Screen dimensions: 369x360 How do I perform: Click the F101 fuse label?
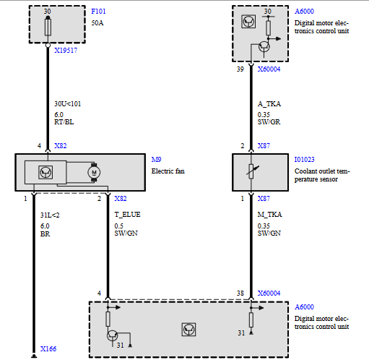point(98,12)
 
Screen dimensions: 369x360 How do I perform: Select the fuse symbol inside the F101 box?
point(48,27)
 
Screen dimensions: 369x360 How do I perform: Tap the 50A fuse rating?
point(97,23)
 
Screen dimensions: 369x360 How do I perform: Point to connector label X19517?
point(66,51)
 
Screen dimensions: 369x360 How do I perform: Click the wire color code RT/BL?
point(64,122)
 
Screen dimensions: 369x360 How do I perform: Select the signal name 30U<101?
point(68,104)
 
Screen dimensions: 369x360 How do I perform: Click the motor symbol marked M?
point(94,172)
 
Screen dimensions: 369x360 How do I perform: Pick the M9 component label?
point(156,160)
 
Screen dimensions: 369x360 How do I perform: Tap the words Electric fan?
point(168,171)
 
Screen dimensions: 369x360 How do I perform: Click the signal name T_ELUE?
point(127,215)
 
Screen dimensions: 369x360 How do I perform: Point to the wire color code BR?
point(45,234)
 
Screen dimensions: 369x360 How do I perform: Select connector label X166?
point(48,348)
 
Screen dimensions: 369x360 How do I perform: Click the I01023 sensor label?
point(304,160)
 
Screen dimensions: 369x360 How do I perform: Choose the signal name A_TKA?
point(269,104)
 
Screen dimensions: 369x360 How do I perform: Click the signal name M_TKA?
point(269,215)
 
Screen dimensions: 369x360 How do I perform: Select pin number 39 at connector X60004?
point(240,69)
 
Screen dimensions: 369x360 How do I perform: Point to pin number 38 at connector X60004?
point(240,293)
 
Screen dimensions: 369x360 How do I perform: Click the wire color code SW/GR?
point(269,122)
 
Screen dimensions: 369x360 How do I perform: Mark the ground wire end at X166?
point(34,356)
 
